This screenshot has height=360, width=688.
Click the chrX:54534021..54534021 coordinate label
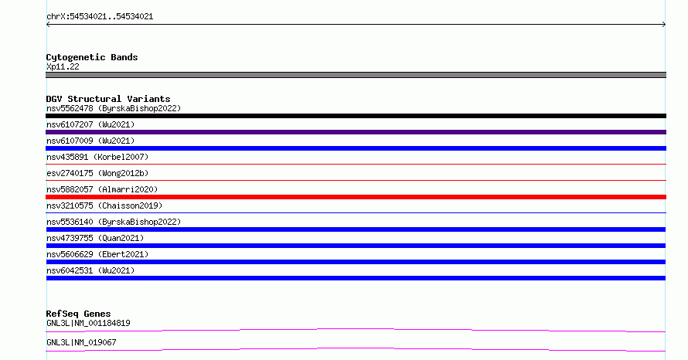[100, 17]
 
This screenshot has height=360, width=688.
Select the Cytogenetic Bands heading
[92, 57]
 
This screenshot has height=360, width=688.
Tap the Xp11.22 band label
[63, 67]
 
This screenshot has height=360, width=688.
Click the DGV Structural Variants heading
[108, 99]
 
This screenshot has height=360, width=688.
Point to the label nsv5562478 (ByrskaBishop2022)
[114, 108]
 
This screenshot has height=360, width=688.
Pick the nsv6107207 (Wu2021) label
[90, 124]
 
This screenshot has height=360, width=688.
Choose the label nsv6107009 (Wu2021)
[90, 141]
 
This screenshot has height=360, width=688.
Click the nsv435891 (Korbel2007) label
[97, 157]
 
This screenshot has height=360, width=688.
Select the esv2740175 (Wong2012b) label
[97, 173]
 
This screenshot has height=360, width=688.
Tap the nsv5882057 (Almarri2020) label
[102, 189]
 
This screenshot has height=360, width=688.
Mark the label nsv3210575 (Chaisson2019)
[104, 205]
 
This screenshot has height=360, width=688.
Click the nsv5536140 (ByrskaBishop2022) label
[114, 222]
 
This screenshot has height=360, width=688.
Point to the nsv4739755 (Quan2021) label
[95, 238]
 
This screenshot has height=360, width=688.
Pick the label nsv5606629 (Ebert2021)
[97, 254]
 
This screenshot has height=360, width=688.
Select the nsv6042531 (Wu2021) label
[90, 270]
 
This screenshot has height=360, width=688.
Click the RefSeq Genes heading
[78, 314]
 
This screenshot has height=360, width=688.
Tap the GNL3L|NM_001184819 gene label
[88, 323]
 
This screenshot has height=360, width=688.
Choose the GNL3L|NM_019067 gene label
[81, 342]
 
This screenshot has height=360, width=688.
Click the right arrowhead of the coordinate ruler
[665, 25]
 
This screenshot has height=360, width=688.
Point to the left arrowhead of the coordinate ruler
[47, 25]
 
